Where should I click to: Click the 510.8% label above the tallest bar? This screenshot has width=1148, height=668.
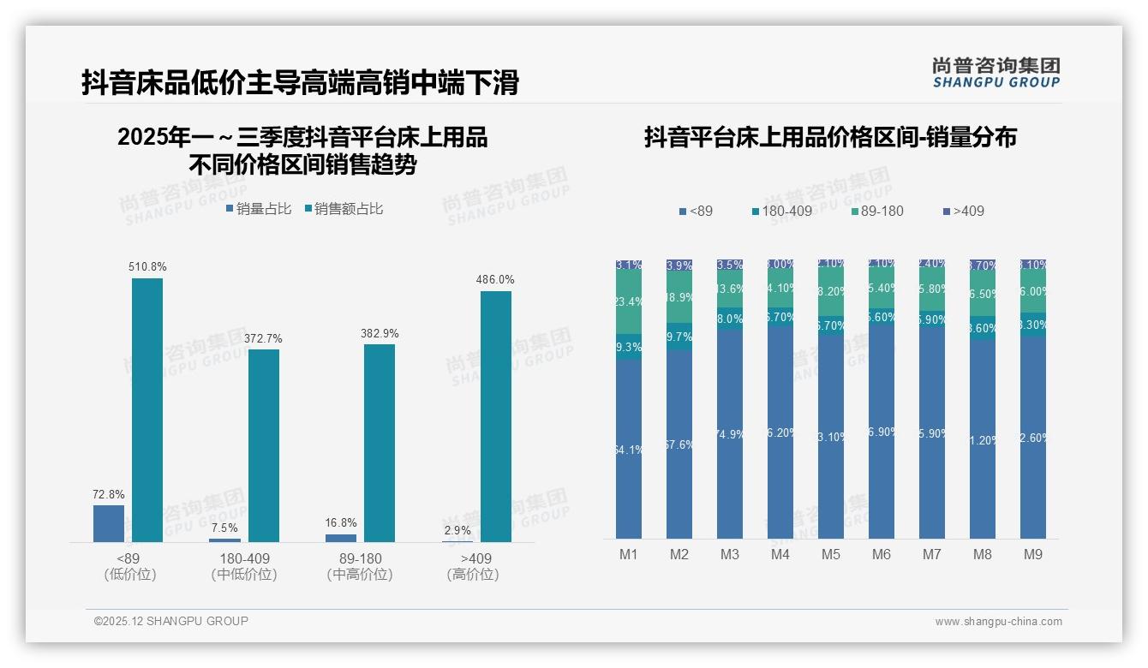[x=147, y=266]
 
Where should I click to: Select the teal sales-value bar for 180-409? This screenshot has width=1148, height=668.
[x=264, y=445]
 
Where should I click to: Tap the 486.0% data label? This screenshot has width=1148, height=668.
[x=495, y=279]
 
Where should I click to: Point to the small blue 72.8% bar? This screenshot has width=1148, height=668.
[x=109, y=523]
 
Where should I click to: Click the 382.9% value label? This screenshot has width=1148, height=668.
[x=380, y=333]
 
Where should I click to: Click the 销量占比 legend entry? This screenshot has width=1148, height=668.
[x=259, y=208]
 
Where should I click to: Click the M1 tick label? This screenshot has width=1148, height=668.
[x=629, y=554]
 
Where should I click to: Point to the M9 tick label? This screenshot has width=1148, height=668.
[x=1033, y=554]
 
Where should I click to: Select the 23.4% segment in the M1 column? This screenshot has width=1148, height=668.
[x=629, y=301]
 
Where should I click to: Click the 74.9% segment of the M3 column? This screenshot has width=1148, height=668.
[x=730, y=434]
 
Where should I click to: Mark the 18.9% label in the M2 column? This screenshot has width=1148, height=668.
[x=679, y=296]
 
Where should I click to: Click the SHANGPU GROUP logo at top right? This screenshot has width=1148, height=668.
[x=996, y=72]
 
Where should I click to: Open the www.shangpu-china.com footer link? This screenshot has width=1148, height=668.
[x=998, y=622]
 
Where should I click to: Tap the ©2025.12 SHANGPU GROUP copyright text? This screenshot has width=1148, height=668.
[x=171, y=621]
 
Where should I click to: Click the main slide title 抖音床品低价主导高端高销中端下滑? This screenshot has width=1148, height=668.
[x=300, y=83]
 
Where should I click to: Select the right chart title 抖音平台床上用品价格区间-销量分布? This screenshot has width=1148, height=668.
[x=830, y=137]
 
